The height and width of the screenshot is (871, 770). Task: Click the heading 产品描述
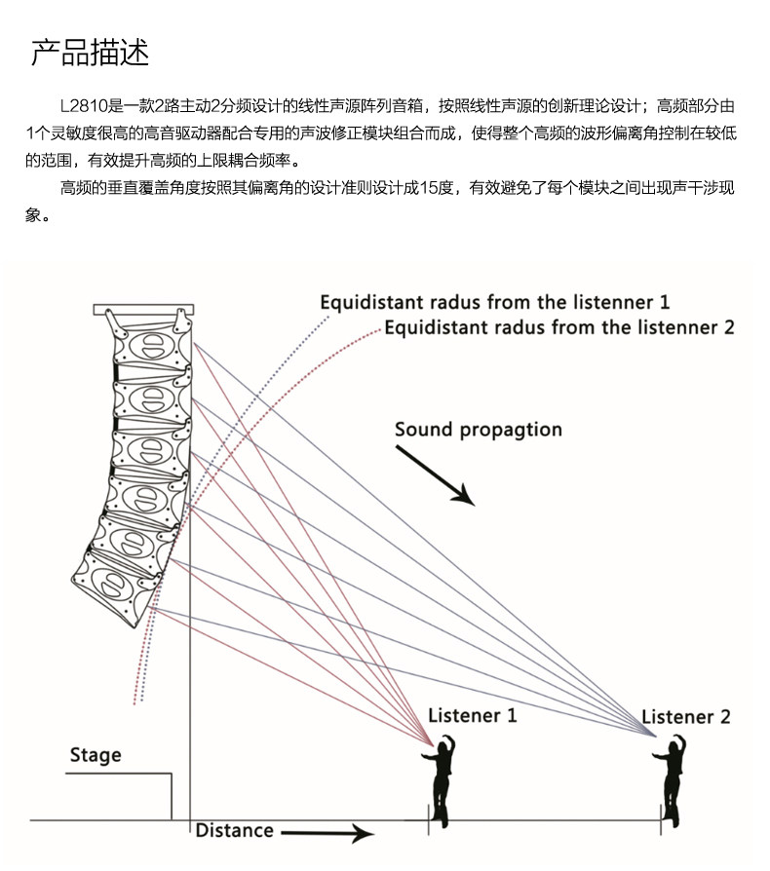[90, 53]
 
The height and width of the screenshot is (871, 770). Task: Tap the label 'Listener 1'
[472, 715]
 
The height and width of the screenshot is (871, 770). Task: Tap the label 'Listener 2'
[685, 717]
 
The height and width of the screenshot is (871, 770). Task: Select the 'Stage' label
[96, 755]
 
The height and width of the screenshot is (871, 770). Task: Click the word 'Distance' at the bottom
[234, 830]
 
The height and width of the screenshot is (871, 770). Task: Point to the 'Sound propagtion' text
[478, 430]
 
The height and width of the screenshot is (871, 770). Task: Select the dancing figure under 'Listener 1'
[443, 779]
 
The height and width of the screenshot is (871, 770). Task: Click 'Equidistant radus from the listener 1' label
[494, 302]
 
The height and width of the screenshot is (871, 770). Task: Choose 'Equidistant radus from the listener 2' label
[558, 327]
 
